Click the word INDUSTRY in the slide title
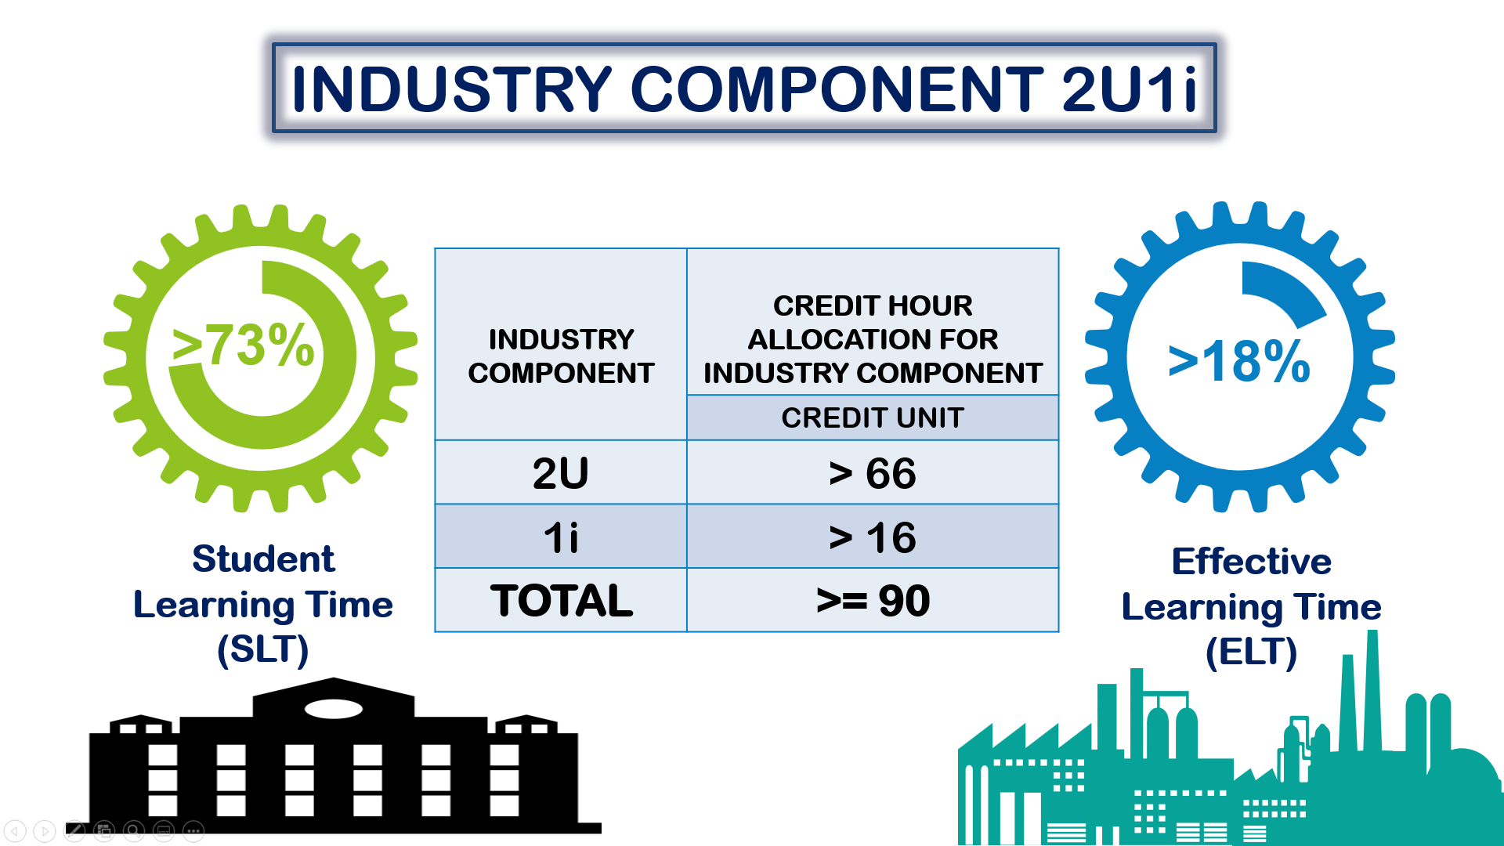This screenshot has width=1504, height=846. point(451,89)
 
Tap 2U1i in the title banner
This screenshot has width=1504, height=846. point(1129,89)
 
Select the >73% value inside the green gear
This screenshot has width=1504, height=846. point(244,345)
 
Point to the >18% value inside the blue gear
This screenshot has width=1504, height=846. point(1238,361)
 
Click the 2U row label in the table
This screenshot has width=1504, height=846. point(561,473)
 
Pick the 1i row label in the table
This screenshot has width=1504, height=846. point(561,537)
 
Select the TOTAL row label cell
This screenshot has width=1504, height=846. point(561,601)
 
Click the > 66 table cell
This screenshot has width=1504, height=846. point(873,473)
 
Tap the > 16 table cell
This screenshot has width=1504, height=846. point(873,537)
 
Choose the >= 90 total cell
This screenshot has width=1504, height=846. point(873,601)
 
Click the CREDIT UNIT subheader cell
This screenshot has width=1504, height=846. point(873,418)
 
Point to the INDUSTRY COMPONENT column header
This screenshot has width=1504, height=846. point(561,356)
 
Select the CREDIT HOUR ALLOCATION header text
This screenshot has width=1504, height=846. point(873,322)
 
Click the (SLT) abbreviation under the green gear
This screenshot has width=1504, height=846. point(263,649)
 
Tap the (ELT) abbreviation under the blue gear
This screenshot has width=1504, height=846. point(1251,652)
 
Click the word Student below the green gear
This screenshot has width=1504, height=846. point(263,559)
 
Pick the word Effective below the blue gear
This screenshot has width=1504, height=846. point(1251,562)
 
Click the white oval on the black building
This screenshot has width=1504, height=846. point(333,709)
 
